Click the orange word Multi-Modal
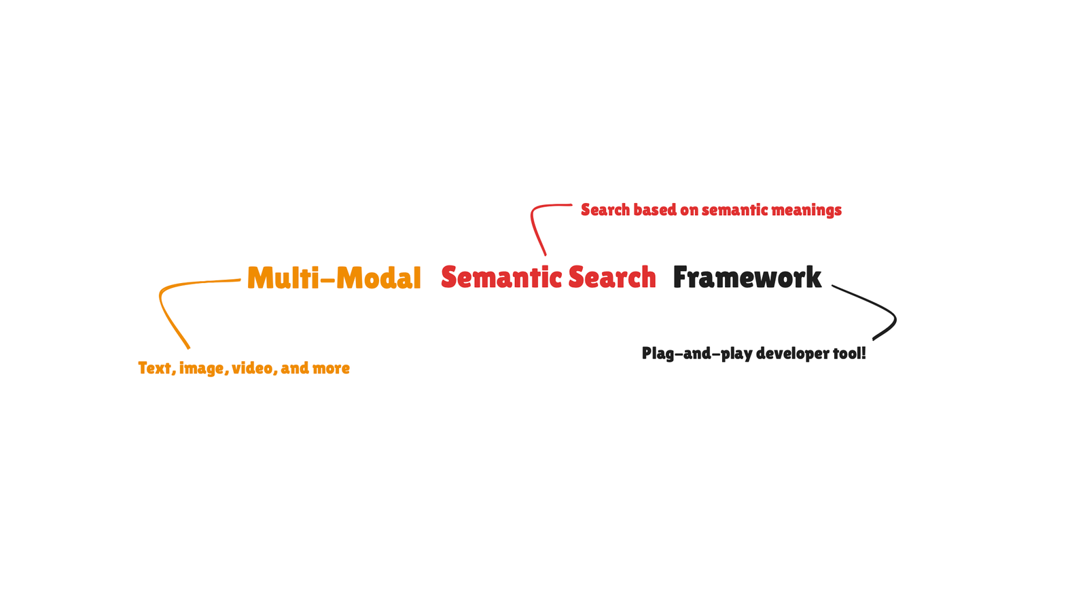click(334, 278)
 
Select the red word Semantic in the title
click(501, 277)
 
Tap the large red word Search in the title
click(612, 277)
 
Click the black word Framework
click(747, 277)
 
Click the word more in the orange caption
click(332, 369)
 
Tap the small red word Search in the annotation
click(605, 210)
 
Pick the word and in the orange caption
click(295, 368)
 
